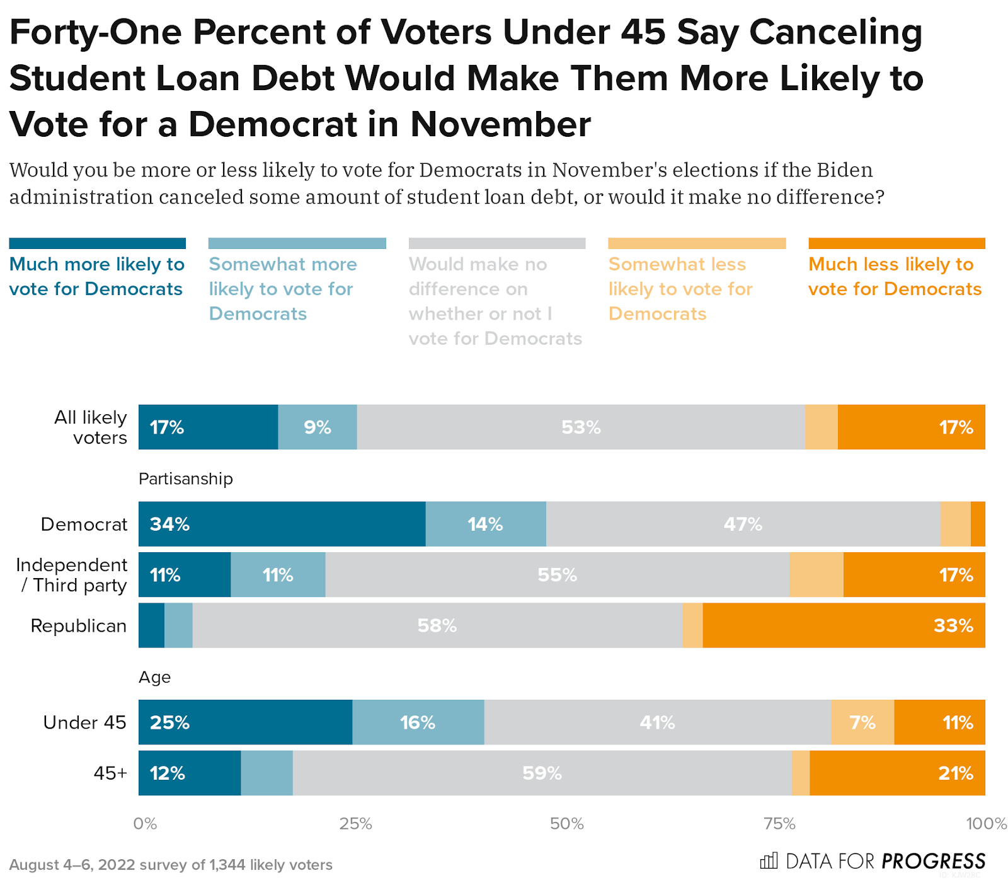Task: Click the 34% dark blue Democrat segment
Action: tap(282, 524)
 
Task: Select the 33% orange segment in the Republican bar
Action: tap(844, 625)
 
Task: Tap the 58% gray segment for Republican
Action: tap(437, 625)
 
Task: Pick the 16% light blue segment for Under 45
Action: tap(418, 722)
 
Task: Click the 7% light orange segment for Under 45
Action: tap(862, 722)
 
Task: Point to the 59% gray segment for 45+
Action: tap(542, 773)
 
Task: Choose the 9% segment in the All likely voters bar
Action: tap(318, 427)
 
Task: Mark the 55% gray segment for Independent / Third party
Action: tap(557, 575)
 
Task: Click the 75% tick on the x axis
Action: tap(779, 824)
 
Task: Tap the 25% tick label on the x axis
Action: tap(356, 824)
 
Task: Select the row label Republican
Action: tap(79, 626)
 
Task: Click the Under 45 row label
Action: tap(84, 722)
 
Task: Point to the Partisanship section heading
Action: tap(186, 479)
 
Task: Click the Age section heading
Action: tap(155, 677)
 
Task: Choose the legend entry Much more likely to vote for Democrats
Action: tap(96, 276)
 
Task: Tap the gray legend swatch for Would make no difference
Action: tap(497, 243)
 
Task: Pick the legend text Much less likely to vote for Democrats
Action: tap(895, 276)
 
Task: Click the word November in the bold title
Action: tap(501, 124)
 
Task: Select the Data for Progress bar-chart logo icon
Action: tap(769, 860)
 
